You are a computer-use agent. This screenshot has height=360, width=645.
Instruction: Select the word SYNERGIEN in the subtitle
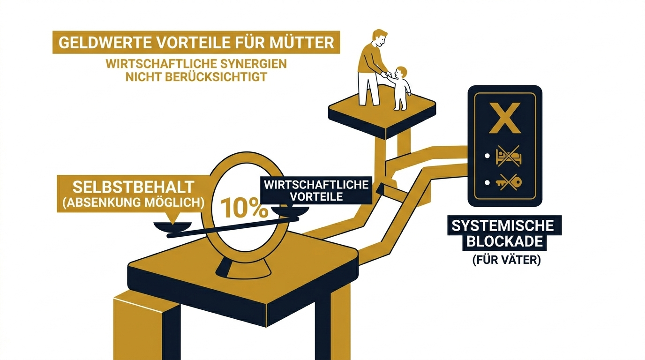254,64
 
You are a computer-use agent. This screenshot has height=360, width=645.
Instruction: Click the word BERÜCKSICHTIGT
216,77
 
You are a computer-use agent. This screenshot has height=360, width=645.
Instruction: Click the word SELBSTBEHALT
133,187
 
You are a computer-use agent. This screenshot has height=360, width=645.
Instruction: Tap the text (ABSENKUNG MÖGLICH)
134,202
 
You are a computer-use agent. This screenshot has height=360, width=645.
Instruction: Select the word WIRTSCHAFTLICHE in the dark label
316,185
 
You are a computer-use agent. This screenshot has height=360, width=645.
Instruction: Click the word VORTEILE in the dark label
316,197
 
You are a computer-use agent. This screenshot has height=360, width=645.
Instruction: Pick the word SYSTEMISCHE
503,225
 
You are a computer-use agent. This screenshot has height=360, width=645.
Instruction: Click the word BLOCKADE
505,241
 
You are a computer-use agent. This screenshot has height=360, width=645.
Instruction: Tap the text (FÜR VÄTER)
507,260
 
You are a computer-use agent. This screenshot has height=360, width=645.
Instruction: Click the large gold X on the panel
505,118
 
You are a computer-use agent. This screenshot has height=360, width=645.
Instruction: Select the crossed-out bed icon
509,156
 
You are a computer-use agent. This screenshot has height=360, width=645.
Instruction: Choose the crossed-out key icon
509,182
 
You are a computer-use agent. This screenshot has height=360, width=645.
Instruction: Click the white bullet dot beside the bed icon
487,156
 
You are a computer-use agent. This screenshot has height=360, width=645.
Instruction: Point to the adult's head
379,38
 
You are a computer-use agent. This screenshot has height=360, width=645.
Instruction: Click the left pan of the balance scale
172,226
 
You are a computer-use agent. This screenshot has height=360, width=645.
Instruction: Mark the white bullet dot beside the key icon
487,183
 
